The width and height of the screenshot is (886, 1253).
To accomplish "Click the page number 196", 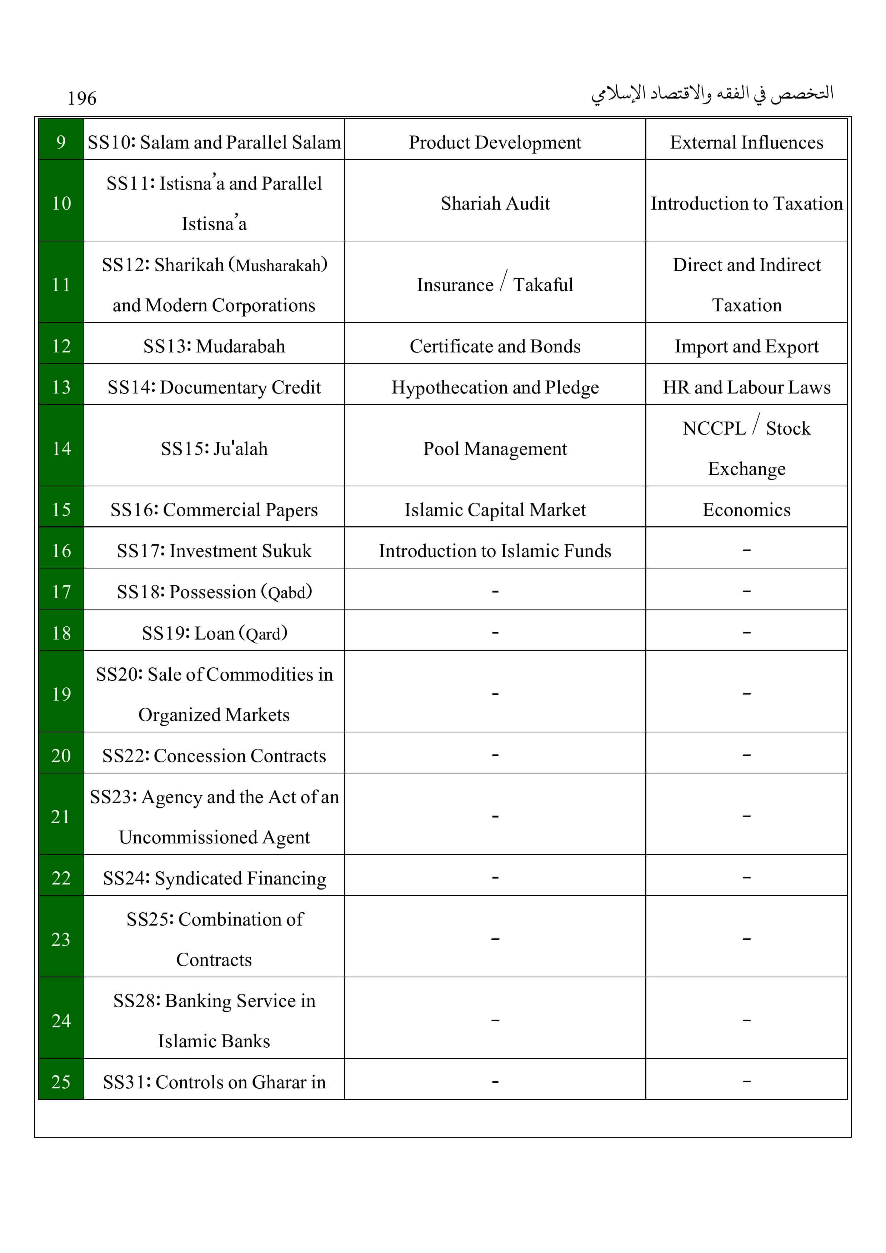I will coord(82,99).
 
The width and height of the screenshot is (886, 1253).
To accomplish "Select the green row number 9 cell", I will coord(61,142).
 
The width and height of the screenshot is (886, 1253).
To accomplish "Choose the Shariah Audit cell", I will coord(495,204).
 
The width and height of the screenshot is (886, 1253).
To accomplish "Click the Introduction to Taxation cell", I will coord(746,204).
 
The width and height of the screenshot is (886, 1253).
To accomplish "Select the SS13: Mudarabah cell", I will coord(214,346).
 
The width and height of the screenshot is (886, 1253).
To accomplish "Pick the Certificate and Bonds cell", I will coord(495,346).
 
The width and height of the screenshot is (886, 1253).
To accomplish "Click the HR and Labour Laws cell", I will coord(746,387).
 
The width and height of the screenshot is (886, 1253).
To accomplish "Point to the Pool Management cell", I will coord(495,448).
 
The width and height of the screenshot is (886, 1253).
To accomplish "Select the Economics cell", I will coord(746,510).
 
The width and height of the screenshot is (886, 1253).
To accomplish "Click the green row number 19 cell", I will coord(61,694).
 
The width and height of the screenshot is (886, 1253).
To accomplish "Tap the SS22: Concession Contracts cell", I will coord(214,756).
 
